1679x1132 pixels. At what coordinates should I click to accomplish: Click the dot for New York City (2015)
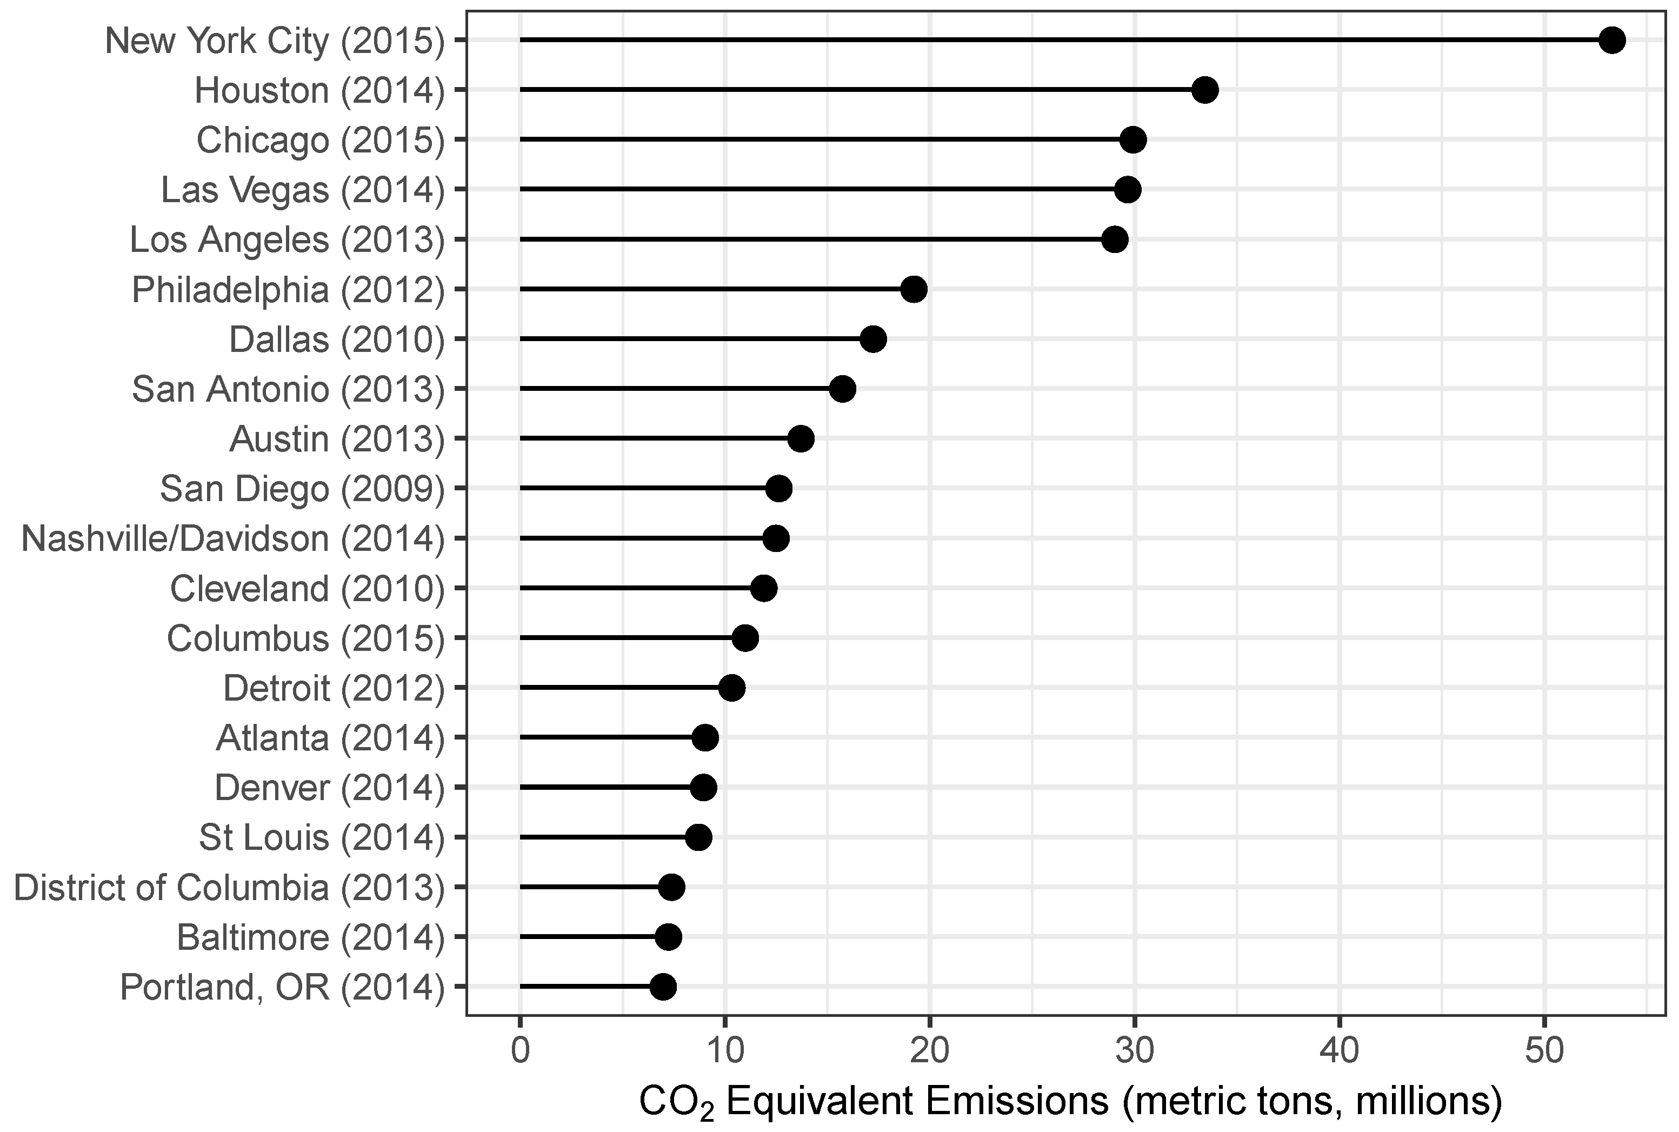pos(1612,41)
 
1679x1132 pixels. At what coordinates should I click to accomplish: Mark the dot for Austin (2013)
pos(801,439)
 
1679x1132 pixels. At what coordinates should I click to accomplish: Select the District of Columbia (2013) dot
pos(671,887)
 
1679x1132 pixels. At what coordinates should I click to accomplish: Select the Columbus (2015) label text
pos(306,639)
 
